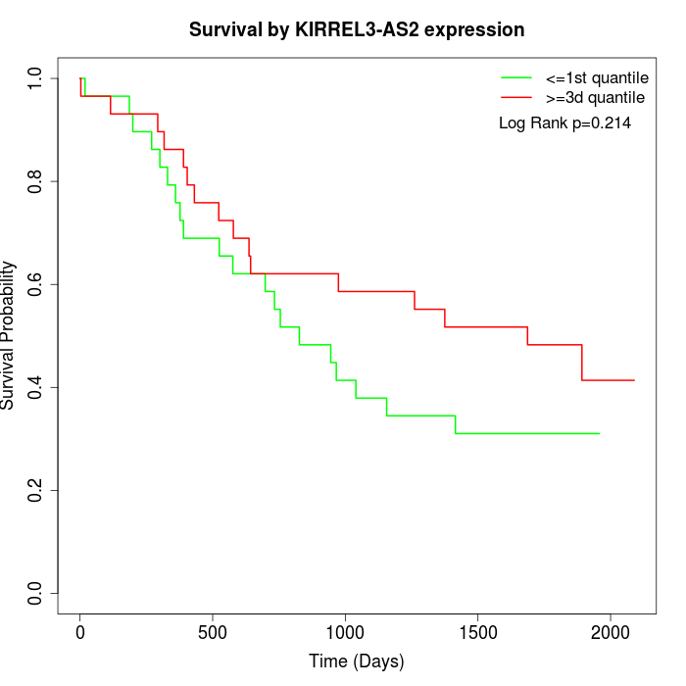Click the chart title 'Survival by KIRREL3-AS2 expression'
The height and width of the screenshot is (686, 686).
(357, 29)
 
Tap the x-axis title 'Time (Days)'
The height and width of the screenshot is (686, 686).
(357, 661)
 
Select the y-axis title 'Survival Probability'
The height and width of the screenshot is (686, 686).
(9, 335)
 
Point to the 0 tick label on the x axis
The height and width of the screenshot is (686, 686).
(80, 629)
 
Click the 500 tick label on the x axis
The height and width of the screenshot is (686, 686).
(213, 629)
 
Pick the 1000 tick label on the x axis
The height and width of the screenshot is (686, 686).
(345, 629)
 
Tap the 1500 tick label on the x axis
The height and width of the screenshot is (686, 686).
(477, 629)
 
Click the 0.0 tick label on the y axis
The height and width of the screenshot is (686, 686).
(36, 593)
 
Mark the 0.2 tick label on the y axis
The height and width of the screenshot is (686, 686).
(36, 490)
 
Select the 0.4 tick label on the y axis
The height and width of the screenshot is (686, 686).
(36, 387)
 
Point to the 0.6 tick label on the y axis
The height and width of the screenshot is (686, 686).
(36, 284)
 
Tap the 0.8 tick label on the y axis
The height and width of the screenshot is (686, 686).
(36, 181)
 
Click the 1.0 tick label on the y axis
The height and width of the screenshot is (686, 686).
(36, 78)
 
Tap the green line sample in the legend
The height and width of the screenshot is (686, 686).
(516, 77)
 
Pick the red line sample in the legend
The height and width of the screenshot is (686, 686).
(516, 98)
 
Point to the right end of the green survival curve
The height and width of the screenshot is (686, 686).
(599, 433)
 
